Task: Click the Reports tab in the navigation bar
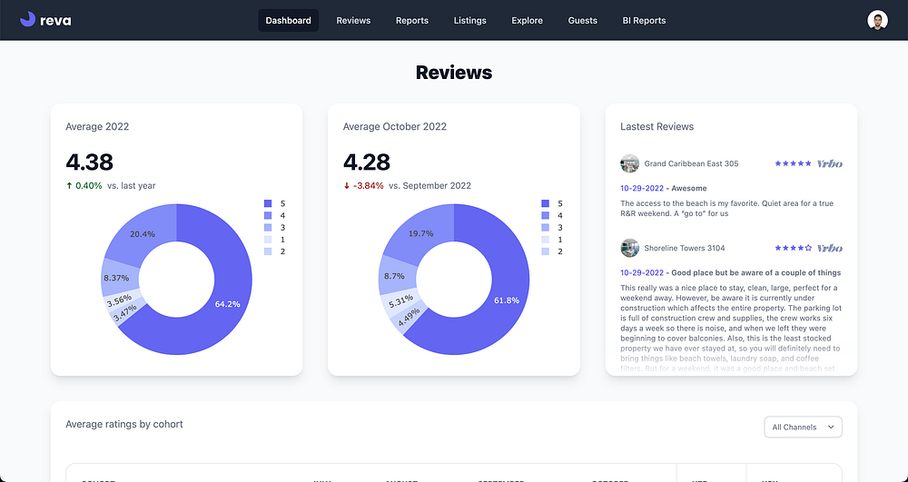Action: point(411,21)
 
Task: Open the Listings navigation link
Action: point(469,21)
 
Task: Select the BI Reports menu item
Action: point(644,21)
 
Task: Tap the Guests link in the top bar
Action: point(582,21)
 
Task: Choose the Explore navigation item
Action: point(527,21)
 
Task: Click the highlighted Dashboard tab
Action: point(288,21)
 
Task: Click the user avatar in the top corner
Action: point(877,21)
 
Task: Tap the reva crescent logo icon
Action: point(28,20)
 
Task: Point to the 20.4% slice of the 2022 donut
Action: point(143,234)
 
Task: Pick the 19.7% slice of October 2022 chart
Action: point(419,233)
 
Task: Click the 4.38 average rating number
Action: point(90,162)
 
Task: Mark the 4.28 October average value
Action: point(367,162)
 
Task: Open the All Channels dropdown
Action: point(803,427)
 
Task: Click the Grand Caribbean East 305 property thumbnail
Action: point(629,164)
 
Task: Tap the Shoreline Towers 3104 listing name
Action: point(684,248)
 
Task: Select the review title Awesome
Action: point(688,189)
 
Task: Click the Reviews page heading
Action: point(454,73)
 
